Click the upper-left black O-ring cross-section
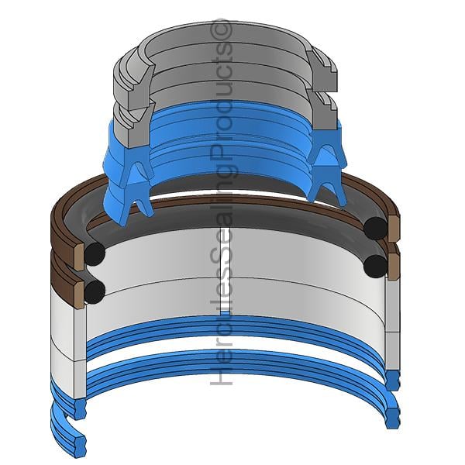[95, 254]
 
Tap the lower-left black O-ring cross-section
[95, 291]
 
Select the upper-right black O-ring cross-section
[375, 229]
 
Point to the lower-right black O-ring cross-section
[375, 267]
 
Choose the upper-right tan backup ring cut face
[393, 229]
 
